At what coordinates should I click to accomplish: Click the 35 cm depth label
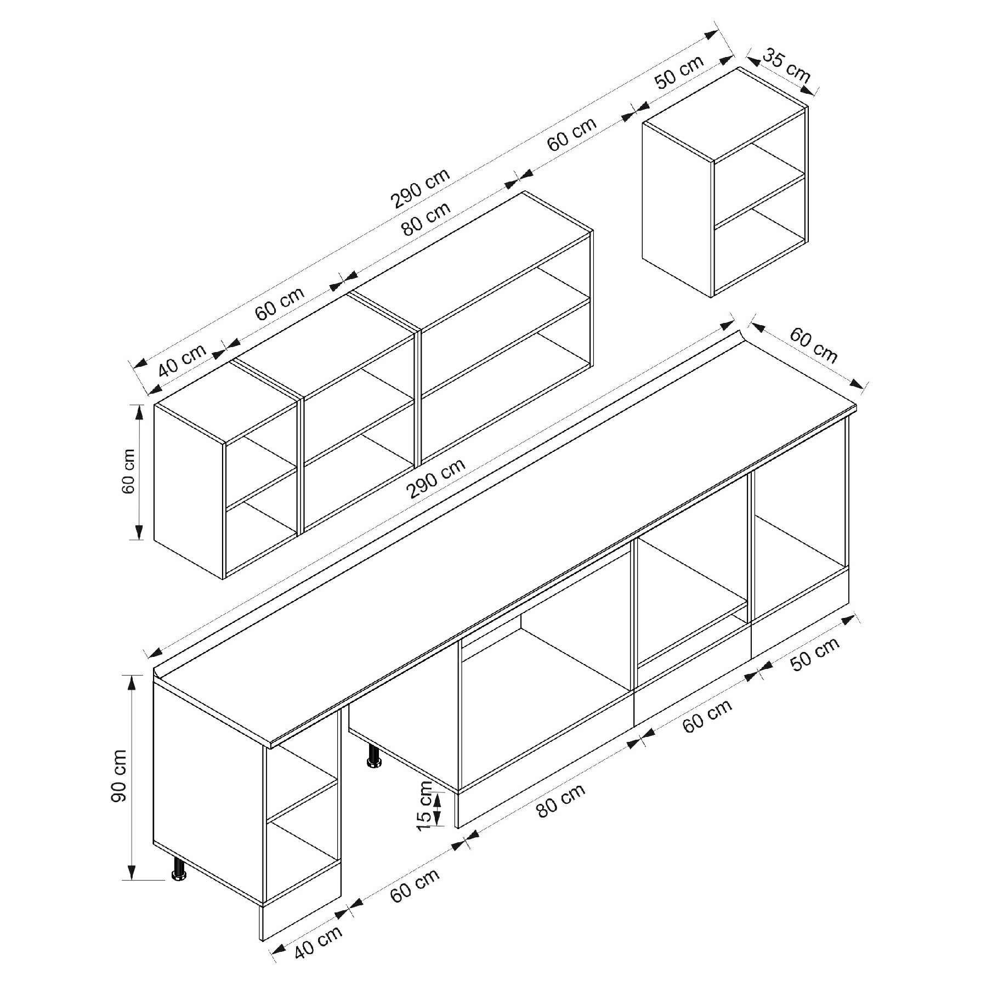pyautogui.click(x=786, y=66)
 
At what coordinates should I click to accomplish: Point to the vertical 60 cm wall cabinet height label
pyautogui.click(x=128, y=471)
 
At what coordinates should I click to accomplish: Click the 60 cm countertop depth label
pyautogui.click(x=814, y=346)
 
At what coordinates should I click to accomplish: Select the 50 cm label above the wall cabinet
pyautogui.click(x=679, y=72)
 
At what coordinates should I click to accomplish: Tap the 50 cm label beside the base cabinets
pyautogui.click(x=815, y=654)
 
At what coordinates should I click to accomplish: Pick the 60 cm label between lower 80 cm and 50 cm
pyautogui.click(x=708, y=716)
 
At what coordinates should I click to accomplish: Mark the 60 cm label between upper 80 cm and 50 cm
pyautogui.click(x=572, y=134)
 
